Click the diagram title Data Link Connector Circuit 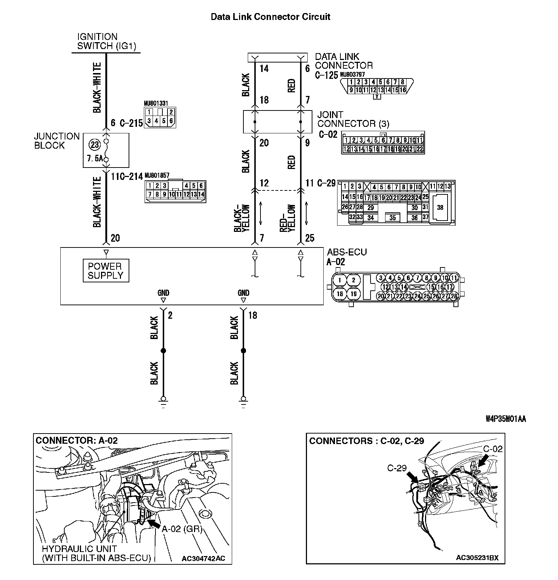271,17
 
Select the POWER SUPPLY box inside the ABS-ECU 106,271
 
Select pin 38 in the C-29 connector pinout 440,208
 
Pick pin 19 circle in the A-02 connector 353,294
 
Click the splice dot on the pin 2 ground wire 163,351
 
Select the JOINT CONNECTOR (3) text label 353,119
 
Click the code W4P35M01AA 506,419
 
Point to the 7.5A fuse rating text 95,159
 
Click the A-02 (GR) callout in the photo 182,529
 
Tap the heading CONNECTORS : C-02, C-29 366,441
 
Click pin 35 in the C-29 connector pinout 392,218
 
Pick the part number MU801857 157,175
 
